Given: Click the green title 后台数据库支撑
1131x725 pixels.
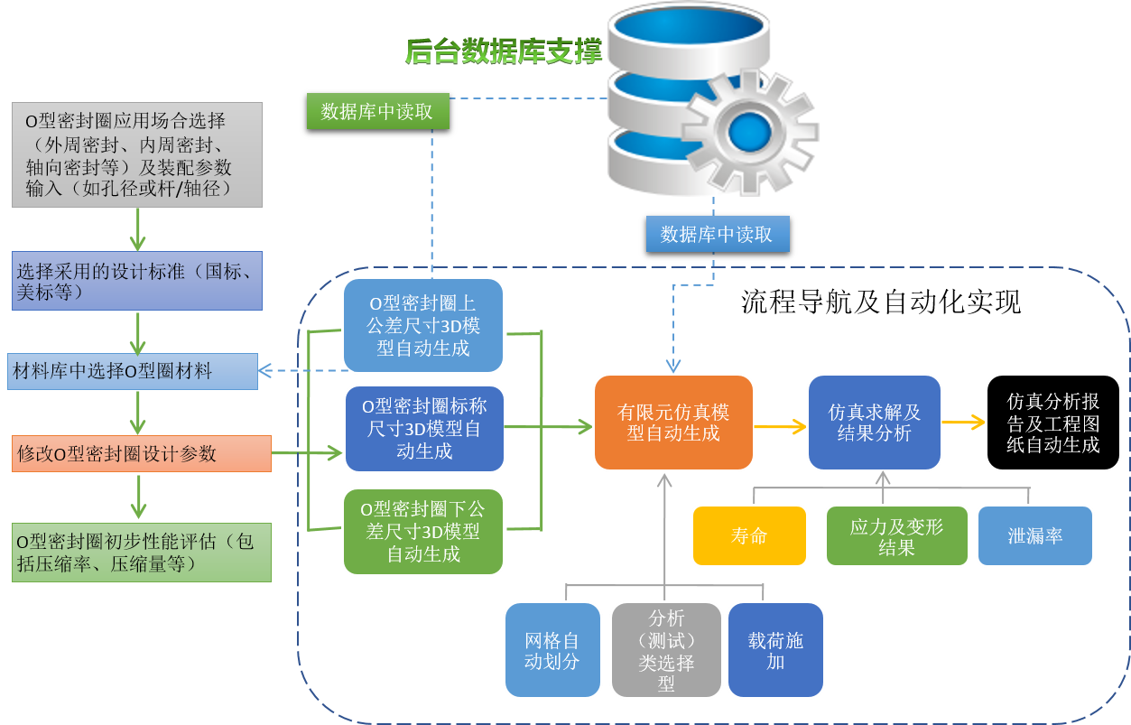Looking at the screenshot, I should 504,51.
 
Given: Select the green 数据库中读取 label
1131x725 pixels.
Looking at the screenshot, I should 377,112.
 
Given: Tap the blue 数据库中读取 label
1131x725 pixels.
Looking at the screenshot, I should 717,235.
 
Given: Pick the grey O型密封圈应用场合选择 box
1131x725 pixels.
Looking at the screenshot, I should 137,154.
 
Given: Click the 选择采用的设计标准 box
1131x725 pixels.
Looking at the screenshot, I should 137,281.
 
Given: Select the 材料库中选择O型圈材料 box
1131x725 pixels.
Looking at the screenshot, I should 134,371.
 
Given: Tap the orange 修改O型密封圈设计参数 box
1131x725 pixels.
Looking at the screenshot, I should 142,453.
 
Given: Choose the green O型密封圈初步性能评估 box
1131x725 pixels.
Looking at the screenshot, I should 142,552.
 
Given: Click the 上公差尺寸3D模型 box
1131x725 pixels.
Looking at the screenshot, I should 423,326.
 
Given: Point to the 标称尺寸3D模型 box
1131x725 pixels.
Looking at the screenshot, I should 424,429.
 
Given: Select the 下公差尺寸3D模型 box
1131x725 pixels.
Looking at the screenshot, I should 423,532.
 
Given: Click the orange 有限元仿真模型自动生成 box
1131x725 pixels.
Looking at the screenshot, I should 673,423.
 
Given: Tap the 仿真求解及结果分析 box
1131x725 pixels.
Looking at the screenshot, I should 874,423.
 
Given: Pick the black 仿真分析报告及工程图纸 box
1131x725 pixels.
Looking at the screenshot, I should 1052,423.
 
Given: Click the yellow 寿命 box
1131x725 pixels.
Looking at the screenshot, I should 749,535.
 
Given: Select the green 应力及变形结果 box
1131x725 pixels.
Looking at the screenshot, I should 896,535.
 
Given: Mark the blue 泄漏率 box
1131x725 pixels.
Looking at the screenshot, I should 1034,535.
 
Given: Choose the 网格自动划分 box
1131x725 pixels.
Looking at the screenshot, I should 552,650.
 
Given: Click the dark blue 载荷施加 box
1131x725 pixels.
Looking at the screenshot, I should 775,650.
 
